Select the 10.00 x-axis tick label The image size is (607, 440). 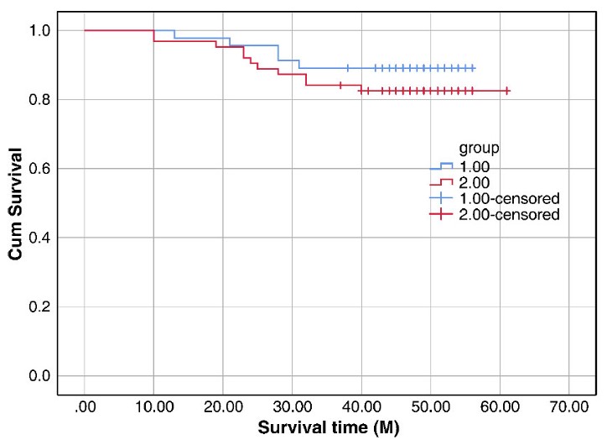tap(153, 407)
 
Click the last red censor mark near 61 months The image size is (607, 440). tap(507, 90)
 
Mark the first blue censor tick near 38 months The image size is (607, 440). tap(347, 68)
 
